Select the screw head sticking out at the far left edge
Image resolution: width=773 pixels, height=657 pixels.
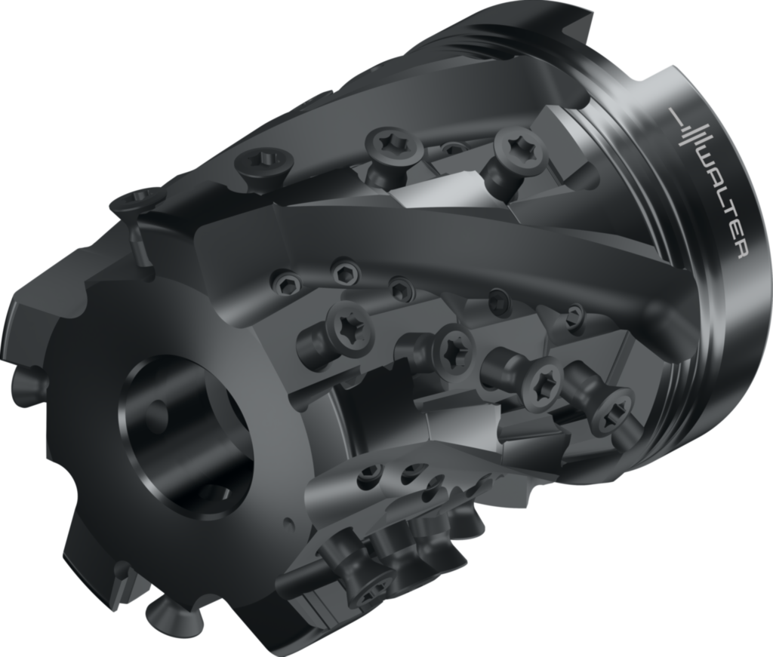pyautogui.click(x=28, y=379)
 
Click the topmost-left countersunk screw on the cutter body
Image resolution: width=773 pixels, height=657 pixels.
pyautogui.click(x=133, y=201)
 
